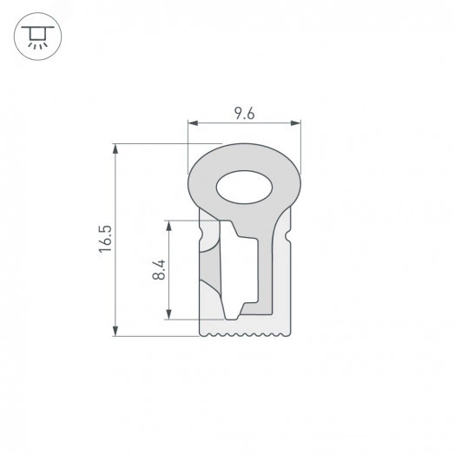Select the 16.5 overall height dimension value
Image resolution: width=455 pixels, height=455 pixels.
[x=105, y=239]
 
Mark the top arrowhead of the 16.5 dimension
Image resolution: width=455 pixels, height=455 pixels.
[x=115, y=148]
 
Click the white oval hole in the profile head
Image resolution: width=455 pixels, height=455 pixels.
[x=244, y=186]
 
